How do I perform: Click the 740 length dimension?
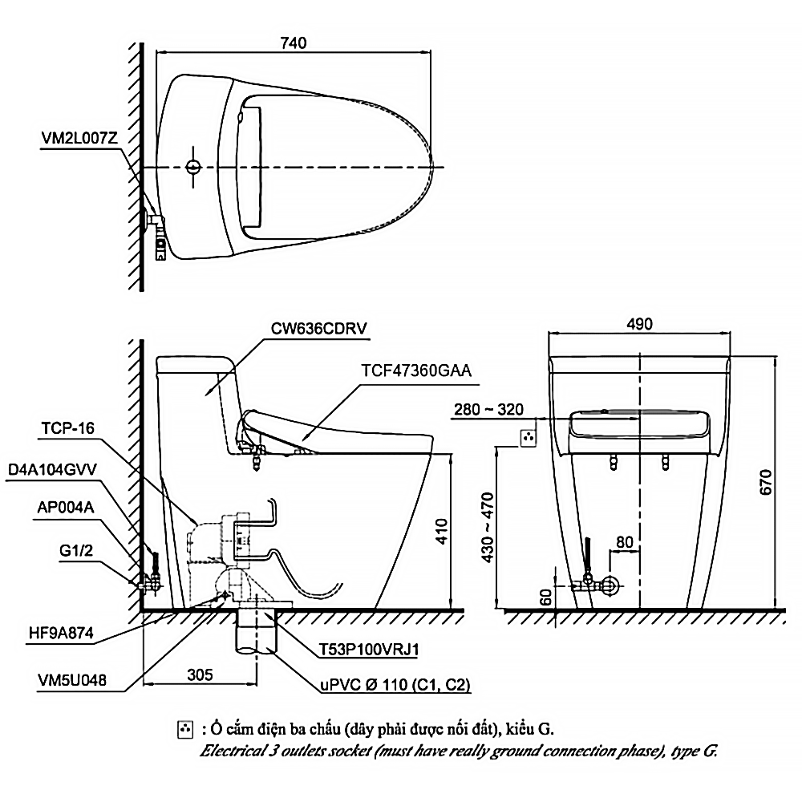tap(294, 43)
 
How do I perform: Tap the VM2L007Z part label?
tap(79, 138)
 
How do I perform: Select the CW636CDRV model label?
tap(318, 328)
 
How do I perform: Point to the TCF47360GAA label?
tap(416, 371)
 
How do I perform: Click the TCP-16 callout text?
tap(68, 427)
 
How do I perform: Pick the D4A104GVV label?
tap(53, 469)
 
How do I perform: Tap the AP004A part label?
tap(66, 508)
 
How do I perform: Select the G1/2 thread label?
tap(76, 551)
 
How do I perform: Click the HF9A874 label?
tap(62, 634)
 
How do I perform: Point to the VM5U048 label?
tap(72, 680)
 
